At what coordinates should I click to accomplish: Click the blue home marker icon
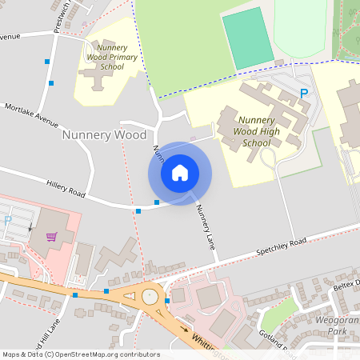tap(180, 173)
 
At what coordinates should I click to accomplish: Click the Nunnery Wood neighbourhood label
tap(104, 135)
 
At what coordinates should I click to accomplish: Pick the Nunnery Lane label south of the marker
tap(206, 229)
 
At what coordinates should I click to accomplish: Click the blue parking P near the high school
tap(304, 94)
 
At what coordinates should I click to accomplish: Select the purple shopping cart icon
tap(52, 237)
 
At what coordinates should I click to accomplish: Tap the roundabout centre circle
tap(150, 296)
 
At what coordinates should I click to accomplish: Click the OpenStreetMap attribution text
tap(80, 354)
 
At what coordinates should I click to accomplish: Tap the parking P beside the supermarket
tap(8, 221)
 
